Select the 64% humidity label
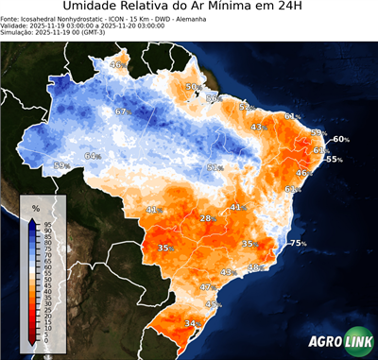coord(93,156)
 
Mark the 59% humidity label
coord(61,166)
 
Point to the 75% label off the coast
coord(298,244)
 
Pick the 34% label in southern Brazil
coord(192,324)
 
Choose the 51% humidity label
coord(215,167)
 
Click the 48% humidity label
coord(254,268)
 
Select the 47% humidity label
coord(209,286)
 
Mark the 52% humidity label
coord(246,108)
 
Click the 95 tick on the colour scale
coord(46,222)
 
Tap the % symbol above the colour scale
coord(36,207)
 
